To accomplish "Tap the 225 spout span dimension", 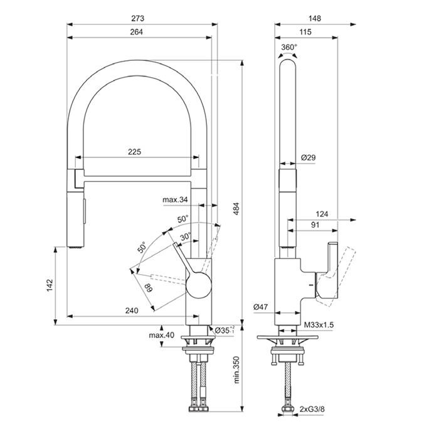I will [134, 152].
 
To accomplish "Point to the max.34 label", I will [176, 200].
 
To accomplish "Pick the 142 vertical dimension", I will [51, 285].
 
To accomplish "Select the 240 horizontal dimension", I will [132, 310].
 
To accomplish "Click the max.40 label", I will [162, 334].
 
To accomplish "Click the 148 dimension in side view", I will [315, 18].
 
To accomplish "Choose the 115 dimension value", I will [307, 33].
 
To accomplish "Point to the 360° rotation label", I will [288, 47].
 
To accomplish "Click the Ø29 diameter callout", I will [307, 157].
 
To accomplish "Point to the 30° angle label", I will [186, 236].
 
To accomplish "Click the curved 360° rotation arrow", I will [288, 56].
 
